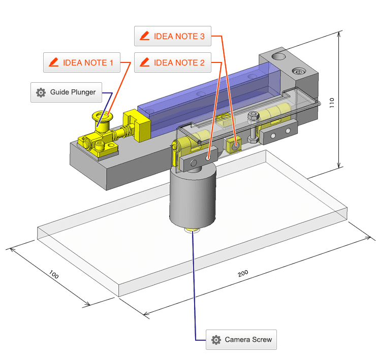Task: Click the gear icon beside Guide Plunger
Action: pyautogui.click(x=41, y=92)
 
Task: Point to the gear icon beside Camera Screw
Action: pyautogui.click(x=216, y=340)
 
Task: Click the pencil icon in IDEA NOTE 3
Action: pyautogui.click(x=145, y=36)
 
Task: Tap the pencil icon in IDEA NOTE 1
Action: pyautogui.click(x=53, y=63)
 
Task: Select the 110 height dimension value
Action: pyautogui.click(x=347, y=102)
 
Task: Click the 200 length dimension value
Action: pyautogui.click(x=243, y=273)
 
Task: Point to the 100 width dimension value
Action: pyautogui.click(x=54, y=276)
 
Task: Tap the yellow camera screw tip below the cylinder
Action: pyautogui.click(x=193, y=231)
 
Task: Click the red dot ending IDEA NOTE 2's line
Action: pyautogui.click(x=209, y=158)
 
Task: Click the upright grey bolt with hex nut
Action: pyautogui.click(x=253, y=127)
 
